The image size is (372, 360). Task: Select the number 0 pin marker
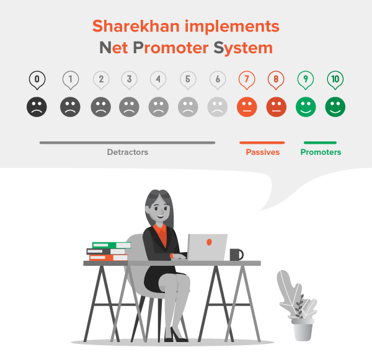click(x=37, y=79)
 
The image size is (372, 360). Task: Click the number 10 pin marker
click(x=335, y=79)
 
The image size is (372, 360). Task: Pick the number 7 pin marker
click(x=247, y=79)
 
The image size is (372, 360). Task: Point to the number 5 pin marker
click(x=188, y=79)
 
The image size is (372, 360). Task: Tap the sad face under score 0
click(x=37, y=107)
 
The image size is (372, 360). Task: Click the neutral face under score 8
click(x=277, y=107)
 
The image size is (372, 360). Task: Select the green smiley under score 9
click(x=306, y=107)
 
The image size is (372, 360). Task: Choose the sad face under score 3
click(x=129, y=107)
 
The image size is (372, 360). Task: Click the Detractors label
click(x=128, y=152)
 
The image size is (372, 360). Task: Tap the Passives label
click(x=262, y=152)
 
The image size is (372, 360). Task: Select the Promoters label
click(x=321, y=152)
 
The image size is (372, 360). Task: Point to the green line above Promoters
click(x=321, y=143)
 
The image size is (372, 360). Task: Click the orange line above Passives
click(x=262, y=143)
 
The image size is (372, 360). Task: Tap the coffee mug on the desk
click(x=236, y=254)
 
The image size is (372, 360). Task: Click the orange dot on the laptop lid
click(x=210, y=241)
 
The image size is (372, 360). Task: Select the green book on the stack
click(x=110, y=245)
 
